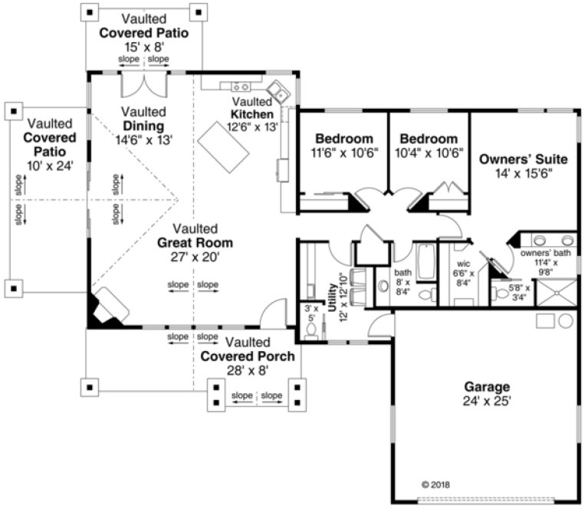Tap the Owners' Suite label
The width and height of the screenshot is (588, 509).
tap(523, 159)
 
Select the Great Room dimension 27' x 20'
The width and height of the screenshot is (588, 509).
tap(196, 258)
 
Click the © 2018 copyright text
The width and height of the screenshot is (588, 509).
tap(438, 484)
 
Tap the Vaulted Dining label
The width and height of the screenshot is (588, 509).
tap(143, 126)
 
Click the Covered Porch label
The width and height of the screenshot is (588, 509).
tap(237, 356)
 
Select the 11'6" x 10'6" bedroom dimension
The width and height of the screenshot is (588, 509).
tap(344, 153)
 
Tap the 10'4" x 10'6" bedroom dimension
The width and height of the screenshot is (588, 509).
tap(429, 153)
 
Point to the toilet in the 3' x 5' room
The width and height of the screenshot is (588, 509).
tap(310, 331)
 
